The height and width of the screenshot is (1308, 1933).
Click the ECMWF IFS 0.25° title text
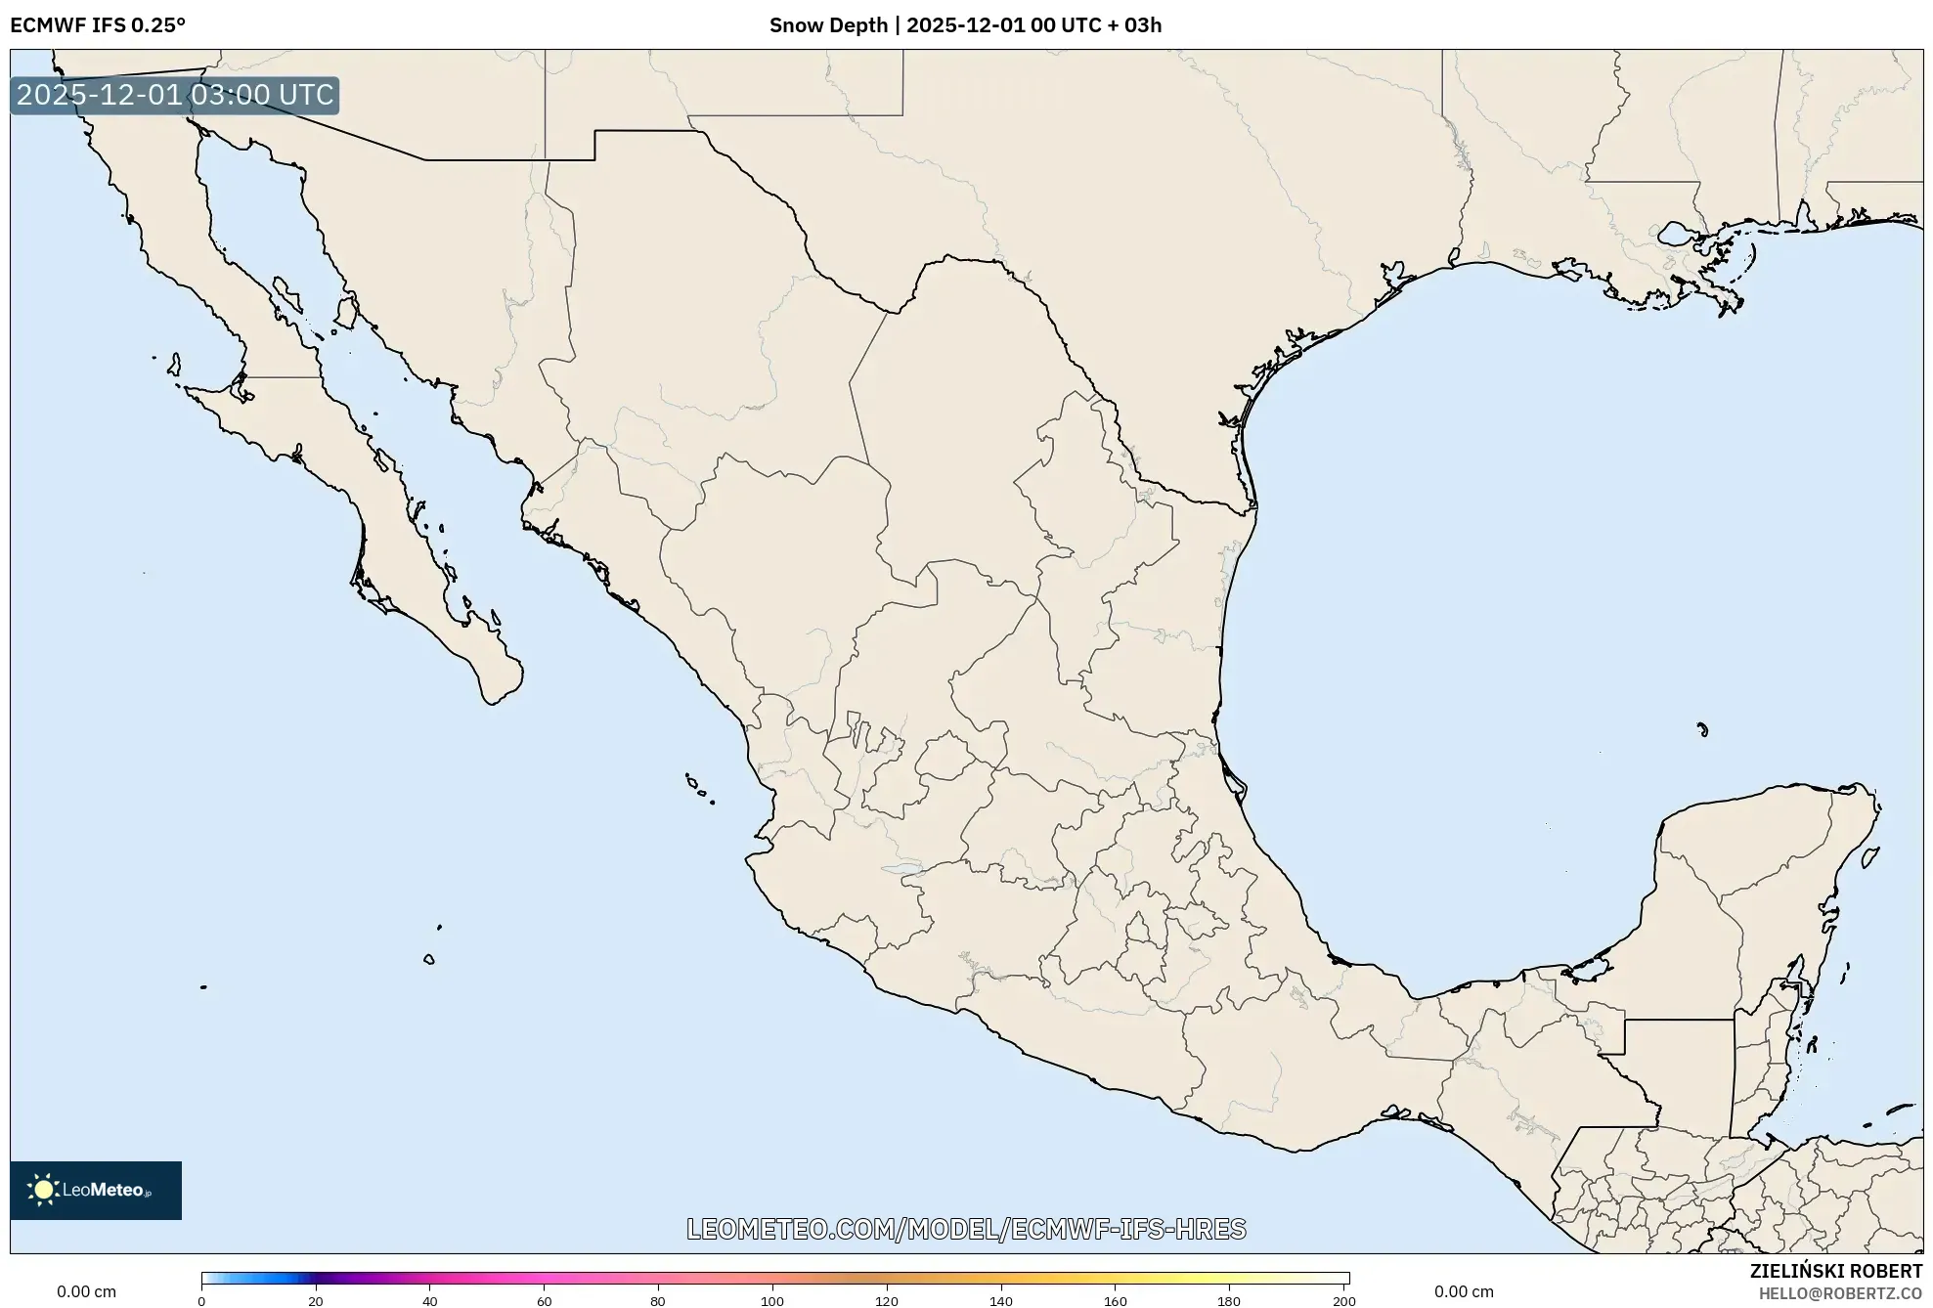pos(98,25)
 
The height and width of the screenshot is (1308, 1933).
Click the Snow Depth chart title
pos(965,25)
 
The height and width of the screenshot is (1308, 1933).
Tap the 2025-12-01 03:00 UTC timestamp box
pos(175,95)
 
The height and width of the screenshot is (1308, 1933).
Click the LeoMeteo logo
pos(95,1190)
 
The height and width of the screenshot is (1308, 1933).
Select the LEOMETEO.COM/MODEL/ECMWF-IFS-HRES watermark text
pos(966,1229)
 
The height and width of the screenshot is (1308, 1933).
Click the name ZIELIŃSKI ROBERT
pos(1835,1271)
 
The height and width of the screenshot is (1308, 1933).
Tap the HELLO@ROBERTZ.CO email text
pos(1840,1293)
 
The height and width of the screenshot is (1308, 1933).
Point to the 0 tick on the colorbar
pos(201,1301)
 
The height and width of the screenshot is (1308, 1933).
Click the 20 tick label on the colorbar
pos(316,1301)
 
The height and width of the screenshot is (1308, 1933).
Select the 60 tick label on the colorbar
pos(544,1301)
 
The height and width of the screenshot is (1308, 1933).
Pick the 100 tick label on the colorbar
pos(772,1301)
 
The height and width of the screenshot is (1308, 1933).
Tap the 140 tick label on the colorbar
pos(1000,1301)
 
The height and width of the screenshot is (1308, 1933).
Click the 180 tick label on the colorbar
pos(1229,1301)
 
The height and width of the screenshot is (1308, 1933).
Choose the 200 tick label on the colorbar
pos(1344,1301)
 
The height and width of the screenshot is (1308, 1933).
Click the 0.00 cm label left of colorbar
pos(86,1291)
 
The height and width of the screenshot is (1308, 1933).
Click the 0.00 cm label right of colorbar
pos(1464,1291)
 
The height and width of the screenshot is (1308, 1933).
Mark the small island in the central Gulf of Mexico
pos(1702,728)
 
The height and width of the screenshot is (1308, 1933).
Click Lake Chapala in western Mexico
pos(901,867)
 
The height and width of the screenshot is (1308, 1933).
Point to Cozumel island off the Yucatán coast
pos(1869,858)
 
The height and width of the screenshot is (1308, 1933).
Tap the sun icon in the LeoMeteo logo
pos(43,1190)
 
